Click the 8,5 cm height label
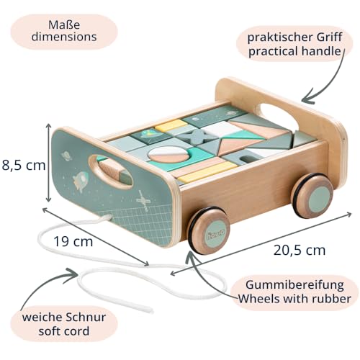pos(24,165)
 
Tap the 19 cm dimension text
pos(73,241)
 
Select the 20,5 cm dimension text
pos(300,250)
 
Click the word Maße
pos(64,24)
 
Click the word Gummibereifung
pos(294,285)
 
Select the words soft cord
pos(64,331)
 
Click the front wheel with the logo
pos(208,230)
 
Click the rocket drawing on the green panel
pos(81,181)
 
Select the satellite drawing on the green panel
pos(143,201)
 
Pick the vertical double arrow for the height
pos(49,163)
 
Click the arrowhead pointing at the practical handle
pos(306,99)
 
